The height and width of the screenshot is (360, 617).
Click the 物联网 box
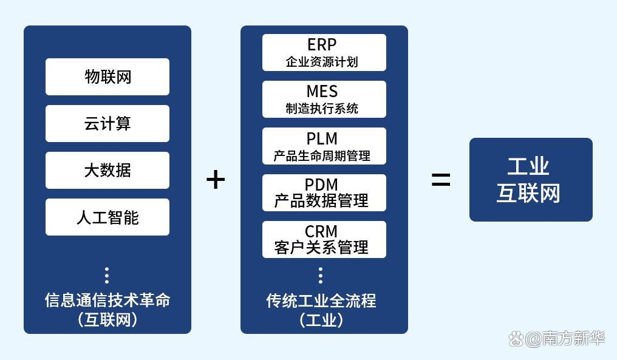pyautogui.click(x=107, y=77)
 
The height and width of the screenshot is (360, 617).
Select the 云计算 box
pyautogui.click(x=107, y=124)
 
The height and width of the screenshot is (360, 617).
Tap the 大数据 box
pyautogui.click(x=107, y=171)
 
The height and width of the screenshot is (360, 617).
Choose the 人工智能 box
pyautogui.click(x=107, y=217)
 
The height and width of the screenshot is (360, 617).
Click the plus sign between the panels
pyautogui.click(x=216, y=180)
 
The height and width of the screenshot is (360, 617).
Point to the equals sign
pyautogui.click(x=441, y=180)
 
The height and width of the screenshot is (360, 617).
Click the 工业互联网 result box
pyautogui.click(x=531, y=180)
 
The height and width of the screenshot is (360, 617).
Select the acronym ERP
pyautogui.click(x=322, y=45)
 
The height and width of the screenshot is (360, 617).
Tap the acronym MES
pyautogui.click(x=322, y=92)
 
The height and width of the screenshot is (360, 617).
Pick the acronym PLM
pyautogui.click(x=322, y=138)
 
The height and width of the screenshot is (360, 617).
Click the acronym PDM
pyautogui.click(x=322, y=185)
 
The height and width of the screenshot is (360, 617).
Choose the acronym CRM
pyautogui.click(x=322, y=231)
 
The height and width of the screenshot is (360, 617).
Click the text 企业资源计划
pyautogui.click(x=322, y=62)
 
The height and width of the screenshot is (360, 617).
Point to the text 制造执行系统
pyautogui.click(x=322, y=109)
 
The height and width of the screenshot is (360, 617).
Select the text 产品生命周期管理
pyautogui.click(x=322, y=156)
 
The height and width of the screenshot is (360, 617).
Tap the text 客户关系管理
pyautogui.click(x=322, y=248)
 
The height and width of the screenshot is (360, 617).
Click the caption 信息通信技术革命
pyautogui.click(x=107, y=300)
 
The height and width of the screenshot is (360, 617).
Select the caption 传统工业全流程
pyautogui.click(x=321, y=300)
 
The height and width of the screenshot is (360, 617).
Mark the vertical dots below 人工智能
pyautogui.click(x=107, y=276)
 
